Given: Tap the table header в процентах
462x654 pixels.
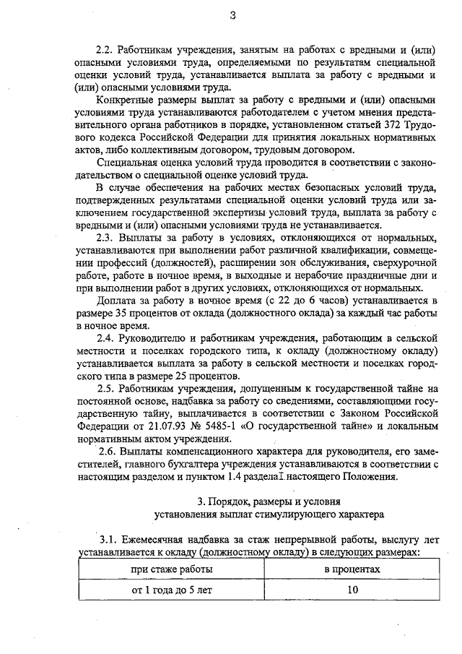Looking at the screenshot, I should pos(352,569).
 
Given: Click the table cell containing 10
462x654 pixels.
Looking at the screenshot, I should pos(352,588).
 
